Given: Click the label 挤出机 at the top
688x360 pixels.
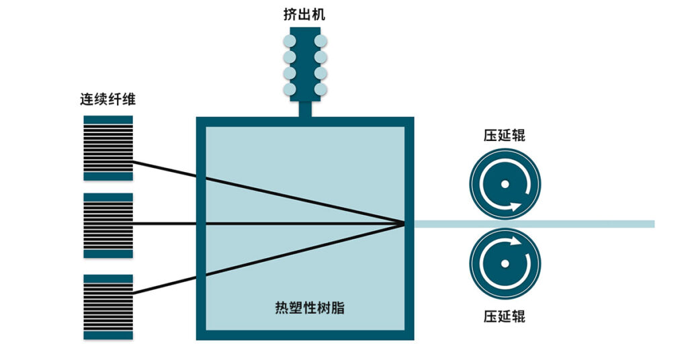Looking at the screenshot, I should point(304,14).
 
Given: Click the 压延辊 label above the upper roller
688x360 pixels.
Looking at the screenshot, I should point(504,135).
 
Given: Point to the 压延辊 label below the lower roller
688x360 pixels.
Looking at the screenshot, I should point(504,315).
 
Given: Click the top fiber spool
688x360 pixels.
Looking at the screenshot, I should point(108,148).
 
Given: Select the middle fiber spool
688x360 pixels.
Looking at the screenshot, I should point(108,225).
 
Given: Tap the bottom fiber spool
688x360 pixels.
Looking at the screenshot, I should point(108,306).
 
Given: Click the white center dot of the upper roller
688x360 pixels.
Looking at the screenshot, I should point(505,184).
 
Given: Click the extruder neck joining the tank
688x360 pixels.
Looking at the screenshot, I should point(304,109).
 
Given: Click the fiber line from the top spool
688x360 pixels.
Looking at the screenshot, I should point(168,170).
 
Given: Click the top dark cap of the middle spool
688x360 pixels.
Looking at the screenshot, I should point(108,197).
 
